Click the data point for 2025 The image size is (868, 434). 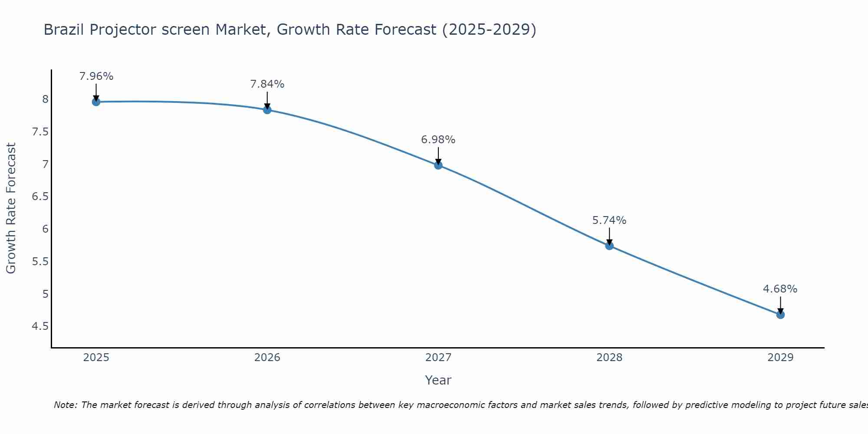click(x=96, y=102)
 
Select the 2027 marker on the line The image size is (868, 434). click(x=438, y=165)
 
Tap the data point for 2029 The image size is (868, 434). click(x=780, y=315)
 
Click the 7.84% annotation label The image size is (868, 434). click(x=267, y=84)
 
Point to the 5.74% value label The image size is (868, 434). click(x=609, y=220)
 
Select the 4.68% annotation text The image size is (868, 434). click(x=780, y=289)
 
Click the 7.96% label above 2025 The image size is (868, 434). click(x=96, y=76)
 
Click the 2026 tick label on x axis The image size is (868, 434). click(x=267, y=358)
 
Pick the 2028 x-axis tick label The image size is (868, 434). click(x=609, y=358)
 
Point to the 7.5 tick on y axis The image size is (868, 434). click(x=40, y=132)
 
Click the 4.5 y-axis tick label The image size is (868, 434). click(x=40, y=326)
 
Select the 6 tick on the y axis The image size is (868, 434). click(x=46, y=229)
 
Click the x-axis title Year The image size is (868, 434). click(x=438, y=380)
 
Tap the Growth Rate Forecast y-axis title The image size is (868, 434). click(x=11, y=208)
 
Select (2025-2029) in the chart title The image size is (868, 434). click(x=489, y=30)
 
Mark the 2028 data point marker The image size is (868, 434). click(x=609, y=246)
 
